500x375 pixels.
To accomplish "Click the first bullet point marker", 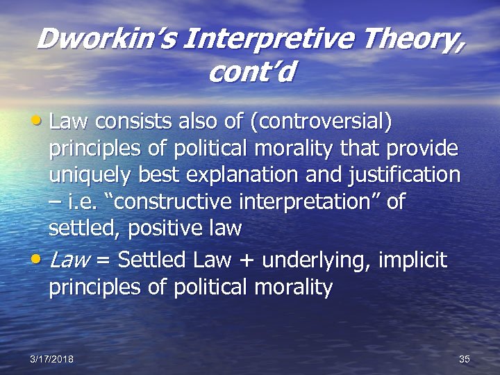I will click(x=40, y=123).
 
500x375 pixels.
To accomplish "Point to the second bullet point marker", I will click(x=40, y=261).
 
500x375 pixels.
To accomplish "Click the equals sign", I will click(x=103, y=262).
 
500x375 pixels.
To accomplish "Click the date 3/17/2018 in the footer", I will click(x=51, y=358).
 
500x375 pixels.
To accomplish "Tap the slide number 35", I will click(x=465, y=358).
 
